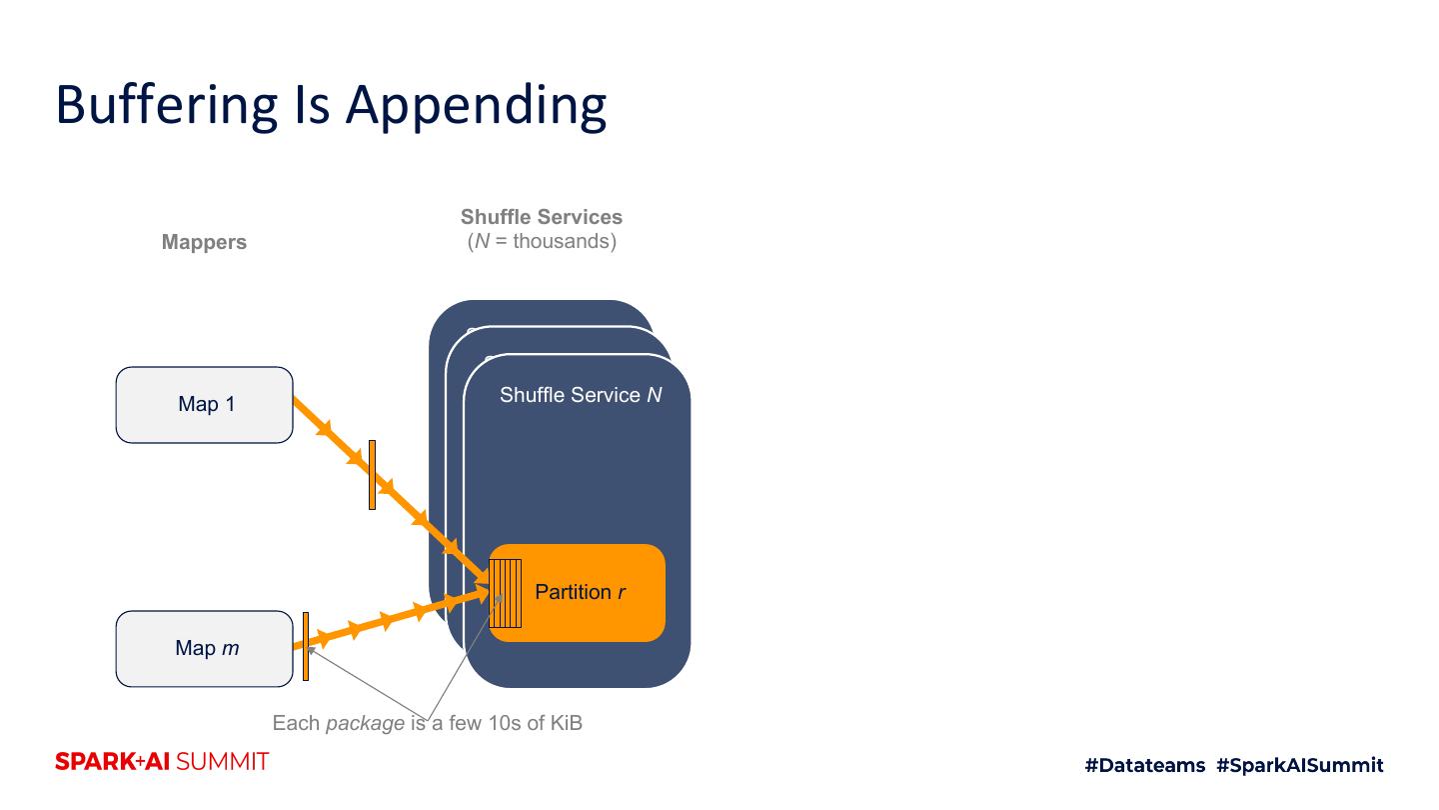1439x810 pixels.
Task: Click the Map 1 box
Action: click(x=204, y=405)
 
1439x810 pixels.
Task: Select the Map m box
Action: click(x=204, y=649)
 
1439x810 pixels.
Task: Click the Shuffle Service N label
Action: click(x=581, y=395)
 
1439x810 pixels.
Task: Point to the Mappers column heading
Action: click(x=204, y=242)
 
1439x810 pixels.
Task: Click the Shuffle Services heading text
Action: click(x=542, y=217)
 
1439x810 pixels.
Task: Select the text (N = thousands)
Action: click(x=542, y=241)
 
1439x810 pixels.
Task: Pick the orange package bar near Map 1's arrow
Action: click(x=372, y=475)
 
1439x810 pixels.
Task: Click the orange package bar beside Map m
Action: click(x=306, y=646)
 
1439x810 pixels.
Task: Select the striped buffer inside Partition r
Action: click(x=505, y=593)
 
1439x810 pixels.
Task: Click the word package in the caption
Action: click(x=365, y=723)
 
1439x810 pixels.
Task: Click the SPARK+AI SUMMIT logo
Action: click(x=162, y=761)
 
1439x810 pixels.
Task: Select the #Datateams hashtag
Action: click(x=1144, y=765)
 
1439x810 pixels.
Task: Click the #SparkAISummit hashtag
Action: click(x=1300, y=765)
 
